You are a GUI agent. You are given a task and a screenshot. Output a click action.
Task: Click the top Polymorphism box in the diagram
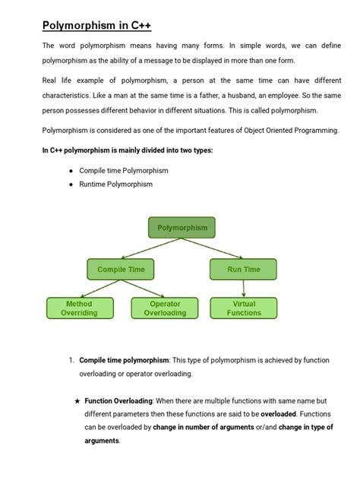(x=182, y=227)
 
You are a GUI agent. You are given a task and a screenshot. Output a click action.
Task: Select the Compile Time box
(x=121, y=269)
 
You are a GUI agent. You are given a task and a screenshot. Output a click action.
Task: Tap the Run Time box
(x=243, y=269)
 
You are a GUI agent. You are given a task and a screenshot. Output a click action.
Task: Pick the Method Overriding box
(x=79, y=308)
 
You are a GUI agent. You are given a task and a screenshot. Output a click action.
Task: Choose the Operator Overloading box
(x=165, y=308)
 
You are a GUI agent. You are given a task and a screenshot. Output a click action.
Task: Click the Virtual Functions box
(x=243, y=308)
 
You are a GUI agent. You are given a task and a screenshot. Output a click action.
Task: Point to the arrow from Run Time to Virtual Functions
(x=243, y=288)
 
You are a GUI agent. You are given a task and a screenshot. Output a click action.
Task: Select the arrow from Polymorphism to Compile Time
(x=152, y=248)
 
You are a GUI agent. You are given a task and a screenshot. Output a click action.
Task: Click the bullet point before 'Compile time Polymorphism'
(x=71, y=171)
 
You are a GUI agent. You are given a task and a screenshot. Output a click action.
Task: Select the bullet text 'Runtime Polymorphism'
(x=115, y=184)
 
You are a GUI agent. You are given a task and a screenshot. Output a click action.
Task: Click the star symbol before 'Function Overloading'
(x=77, y=400)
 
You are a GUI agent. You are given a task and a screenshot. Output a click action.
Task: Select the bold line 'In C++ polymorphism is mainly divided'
(x=127, y=150)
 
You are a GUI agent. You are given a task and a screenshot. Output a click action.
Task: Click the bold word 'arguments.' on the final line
(x=102, y=441)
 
